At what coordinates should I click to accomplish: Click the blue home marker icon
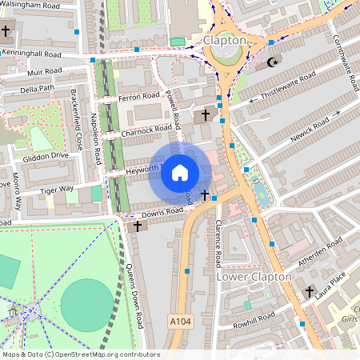[180, 173]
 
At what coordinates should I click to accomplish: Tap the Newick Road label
[310, 126]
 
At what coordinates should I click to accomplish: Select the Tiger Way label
[56, 190]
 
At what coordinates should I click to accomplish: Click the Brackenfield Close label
[76, 119]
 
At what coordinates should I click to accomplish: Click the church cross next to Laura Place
[310, 293]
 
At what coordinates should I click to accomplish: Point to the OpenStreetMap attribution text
[80, 354]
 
